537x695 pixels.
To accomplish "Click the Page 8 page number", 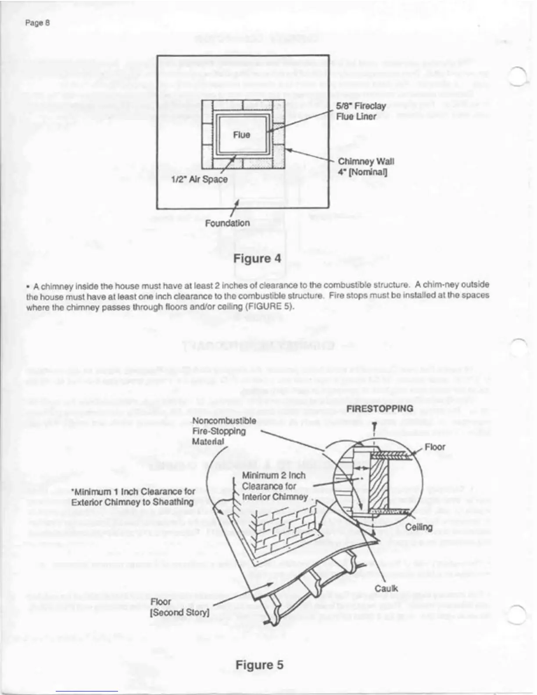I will [37, 23].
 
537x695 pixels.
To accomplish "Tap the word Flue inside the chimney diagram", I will [241, 135].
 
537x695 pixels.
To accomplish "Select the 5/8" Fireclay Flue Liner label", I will [361, 111].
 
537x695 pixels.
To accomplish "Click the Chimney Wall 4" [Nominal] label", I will [366, 166].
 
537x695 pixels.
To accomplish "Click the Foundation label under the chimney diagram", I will [227, 223].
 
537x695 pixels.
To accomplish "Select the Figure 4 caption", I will [257, 258].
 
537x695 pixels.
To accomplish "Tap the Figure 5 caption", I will [259, 665].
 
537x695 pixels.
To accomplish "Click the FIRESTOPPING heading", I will [379, 408].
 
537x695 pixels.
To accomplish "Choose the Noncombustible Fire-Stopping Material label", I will [224, 431].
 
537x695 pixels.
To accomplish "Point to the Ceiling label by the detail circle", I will [419, 527].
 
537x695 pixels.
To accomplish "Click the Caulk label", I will [386, 588].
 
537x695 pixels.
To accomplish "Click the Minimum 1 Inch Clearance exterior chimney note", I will [132, 497].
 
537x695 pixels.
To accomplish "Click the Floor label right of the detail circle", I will [435, 447].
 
